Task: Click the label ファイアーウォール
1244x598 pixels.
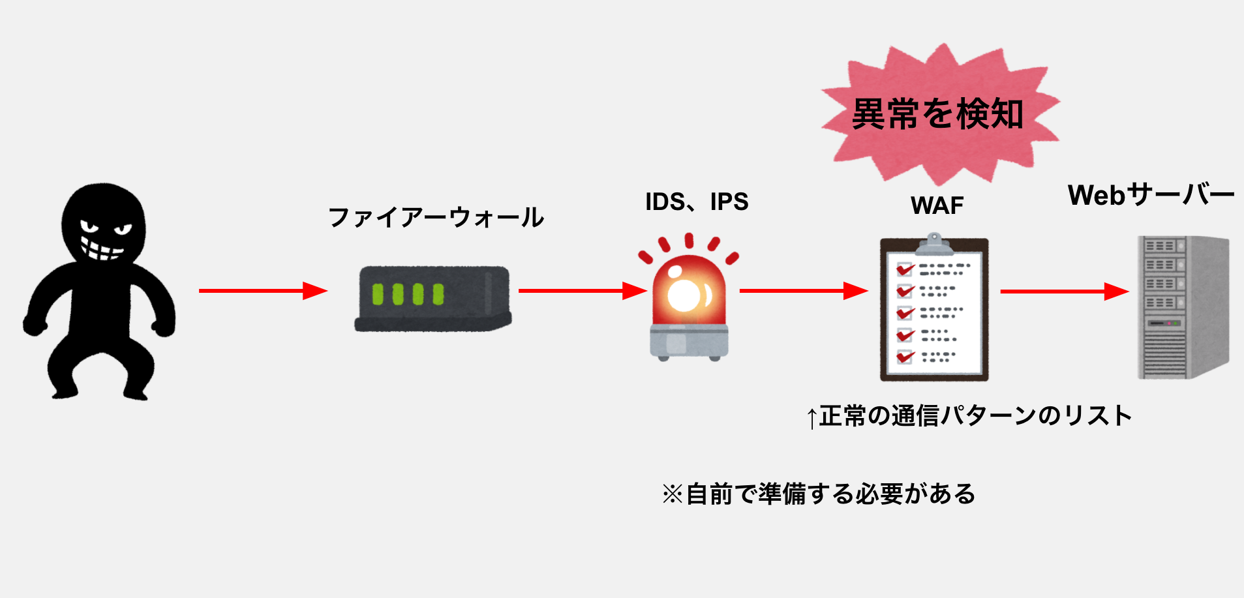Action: (x=436, y=217)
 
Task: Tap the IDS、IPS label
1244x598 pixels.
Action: (x=696, y=202)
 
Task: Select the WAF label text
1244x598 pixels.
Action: (x=937, y=206)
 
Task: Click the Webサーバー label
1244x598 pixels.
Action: (x=1151, y=195)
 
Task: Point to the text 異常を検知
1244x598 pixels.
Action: (x=937, y=114)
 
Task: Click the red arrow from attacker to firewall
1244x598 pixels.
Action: (x=261, y=291)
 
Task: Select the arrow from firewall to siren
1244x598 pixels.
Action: (x=581, y=291)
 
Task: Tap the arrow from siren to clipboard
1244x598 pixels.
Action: (x=802, y=291)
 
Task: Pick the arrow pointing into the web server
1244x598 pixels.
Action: (x=1063, y=292)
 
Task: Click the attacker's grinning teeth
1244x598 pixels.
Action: (x=101, y=248)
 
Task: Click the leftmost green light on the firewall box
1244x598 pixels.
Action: (x=378, y=294)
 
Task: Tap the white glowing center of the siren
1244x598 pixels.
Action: (x=684, y=295)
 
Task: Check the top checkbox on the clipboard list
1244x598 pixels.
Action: (x=904, y=269)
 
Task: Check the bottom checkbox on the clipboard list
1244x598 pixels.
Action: (x=905, y=357)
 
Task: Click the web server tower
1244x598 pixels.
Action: (x=1182, y=306)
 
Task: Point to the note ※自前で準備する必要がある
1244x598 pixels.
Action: (x=819, y=494)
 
